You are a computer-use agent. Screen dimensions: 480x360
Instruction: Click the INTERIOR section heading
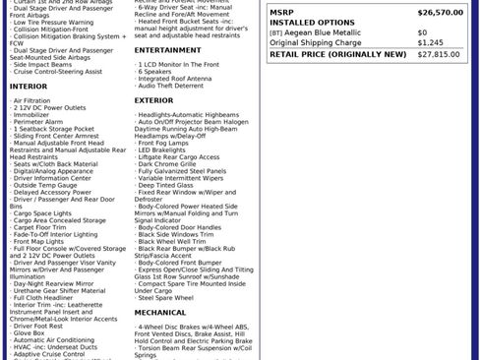29,87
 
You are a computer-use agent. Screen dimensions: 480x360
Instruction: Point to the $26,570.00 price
439,13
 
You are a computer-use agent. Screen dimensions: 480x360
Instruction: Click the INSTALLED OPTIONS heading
312,22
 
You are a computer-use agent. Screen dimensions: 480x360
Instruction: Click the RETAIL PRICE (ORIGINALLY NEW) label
337,54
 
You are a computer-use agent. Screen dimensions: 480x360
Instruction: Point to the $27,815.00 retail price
439,54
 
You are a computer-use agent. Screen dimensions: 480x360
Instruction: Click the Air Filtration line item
32,100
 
